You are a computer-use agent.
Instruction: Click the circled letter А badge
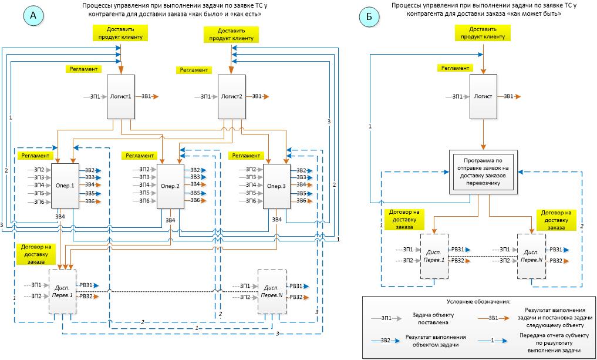point(33,16)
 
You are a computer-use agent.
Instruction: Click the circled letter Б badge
point(369,16)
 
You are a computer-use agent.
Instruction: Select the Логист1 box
point(120,96)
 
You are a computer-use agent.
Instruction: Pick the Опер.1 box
point(65,186)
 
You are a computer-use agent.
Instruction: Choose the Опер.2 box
point(170,186)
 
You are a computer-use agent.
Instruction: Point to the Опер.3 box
point(276,186)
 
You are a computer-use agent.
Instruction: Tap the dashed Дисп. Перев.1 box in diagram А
point(63,291)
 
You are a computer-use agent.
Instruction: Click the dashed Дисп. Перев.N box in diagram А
point(271,291)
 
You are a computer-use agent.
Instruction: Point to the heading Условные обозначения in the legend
point(478,302)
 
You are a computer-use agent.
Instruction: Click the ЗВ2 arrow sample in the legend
point(386,340)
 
